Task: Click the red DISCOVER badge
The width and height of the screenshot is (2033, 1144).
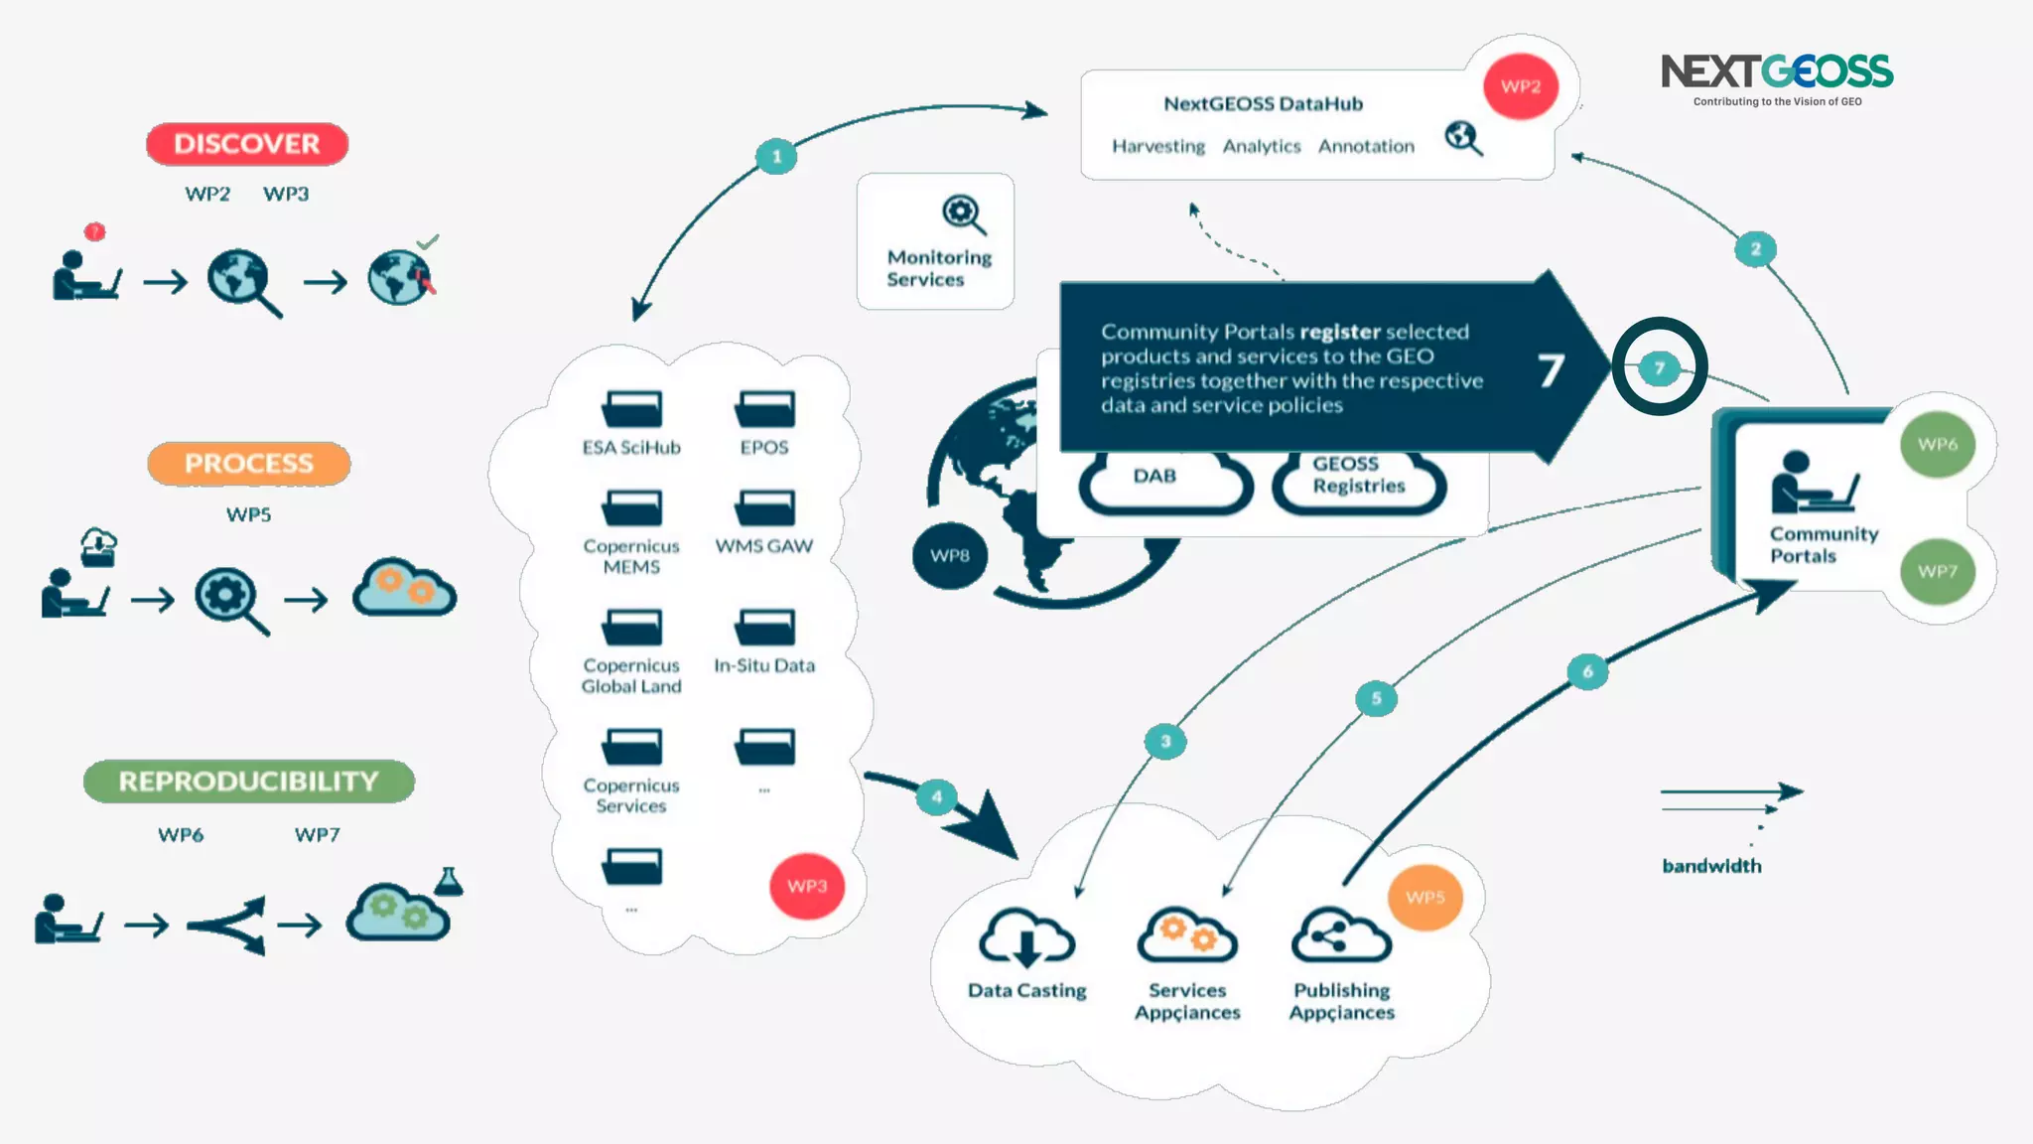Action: [247, 144]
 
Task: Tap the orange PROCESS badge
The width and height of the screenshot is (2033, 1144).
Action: [248, 464]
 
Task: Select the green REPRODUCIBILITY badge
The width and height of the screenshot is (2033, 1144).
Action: [248, 782]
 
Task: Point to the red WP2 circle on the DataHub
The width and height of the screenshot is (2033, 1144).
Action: [1520, 86]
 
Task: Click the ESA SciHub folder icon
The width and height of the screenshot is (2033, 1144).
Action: [631, 409]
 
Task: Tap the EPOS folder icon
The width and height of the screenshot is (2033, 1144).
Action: [764, 409]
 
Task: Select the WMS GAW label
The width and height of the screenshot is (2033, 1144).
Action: [764, 546]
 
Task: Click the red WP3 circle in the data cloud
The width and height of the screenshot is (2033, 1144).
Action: [807, 886]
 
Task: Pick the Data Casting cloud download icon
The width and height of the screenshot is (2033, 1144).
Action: [1026, 938]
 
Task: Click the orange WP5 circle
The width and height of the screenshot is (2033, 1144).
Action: [1424, 898]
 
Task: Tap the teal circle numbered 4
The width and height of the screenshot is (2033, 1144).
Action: [936, 796]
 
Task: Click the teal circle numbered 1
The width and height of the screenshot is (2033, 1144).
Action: [776, 156]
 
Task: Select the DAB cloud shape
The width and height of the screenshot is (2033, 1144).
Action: [1163, 480]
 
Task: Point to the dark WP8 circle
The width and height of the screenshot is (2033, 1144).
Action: [949, 556]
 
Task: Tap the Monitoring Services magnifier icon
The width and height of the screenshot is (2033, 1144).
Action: [963, 214]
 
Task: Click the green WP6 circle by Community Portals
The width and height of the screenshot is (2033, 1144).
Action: [1937, 445]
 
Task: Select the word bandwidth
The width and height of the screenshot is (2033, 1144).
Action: [1711, 866]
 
